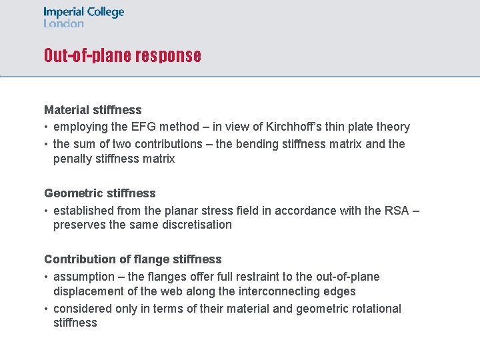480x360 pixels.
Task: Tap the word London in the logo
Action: (x=64, y=23)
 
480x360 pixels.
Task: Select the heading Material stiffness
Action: (x=93, y=109)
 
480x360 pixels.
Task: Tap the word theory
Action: (x=393, y=127)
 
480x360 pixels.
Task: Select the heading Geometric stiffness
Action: (x=100, y=193)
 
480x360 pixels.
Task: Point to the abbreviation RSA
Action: (x=397, y=211)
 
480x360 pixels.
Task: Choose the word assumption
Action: (x=83, y=277)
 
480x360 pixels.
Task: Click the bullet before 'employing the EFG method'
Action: (x=47, y=127)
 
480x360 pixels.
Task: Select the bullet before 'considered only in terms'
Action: (x=47, y=309)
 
